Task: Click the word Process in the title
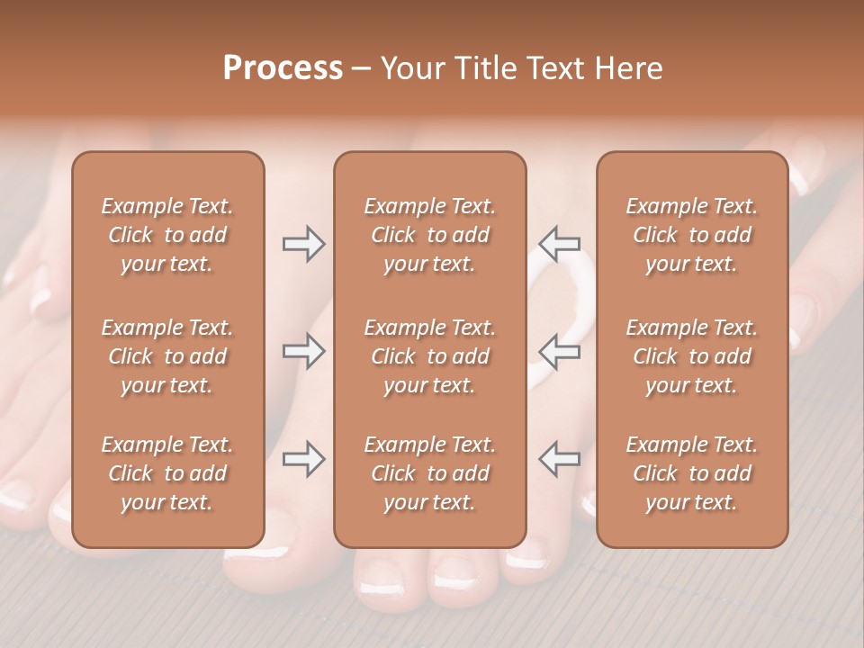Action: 283,68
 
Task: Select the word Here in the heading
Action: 628,68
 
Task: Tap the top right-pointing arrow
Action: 303,244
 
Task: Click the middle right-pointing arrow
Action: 303,351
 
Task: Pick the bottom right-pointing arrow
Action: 303,459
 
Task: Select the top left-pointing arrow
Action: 559,244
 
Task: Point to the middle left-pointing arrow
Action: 559,351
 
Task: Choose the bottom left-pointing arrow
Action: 559,459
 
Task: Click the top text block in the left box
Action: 167,235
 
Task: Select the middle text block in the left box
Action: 167,356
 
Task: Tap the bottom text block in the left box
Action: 167,473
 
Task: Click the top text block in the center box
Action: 430,235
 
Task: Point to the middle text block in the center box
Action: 430,356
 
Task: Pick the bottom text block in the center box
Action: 430,473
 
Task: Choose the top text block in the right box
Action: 692,235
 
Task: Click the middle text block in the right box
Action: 692,356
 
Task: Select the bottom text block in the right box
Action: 692,473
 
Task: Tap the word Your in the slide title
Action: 411,68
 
